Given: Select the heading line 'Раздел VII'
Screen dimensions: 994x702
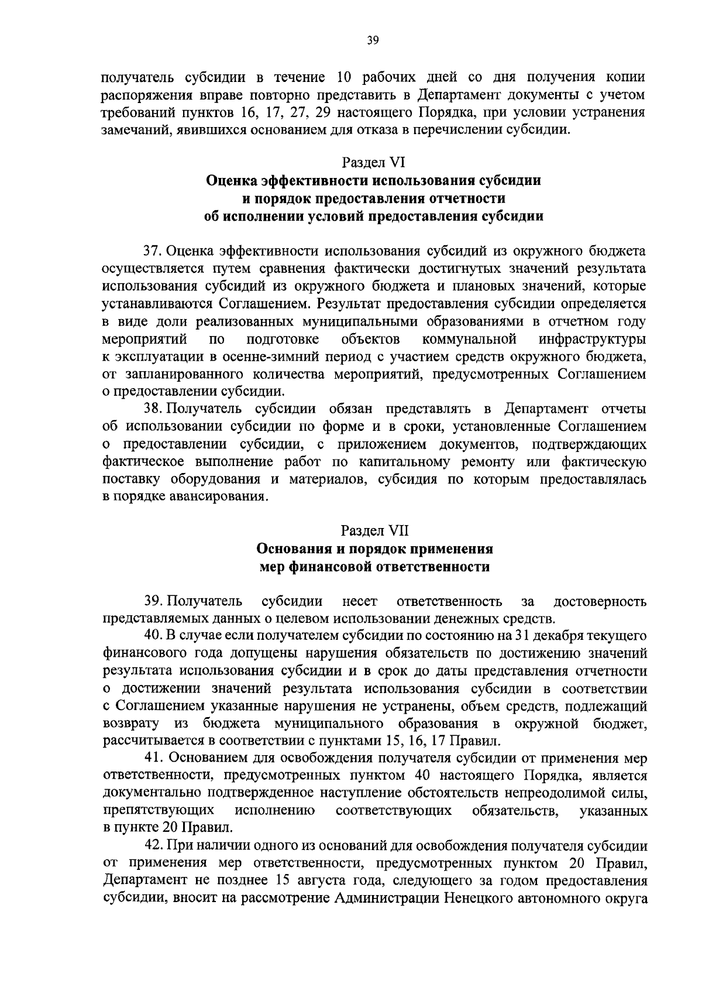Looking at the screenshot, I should click(373, 531).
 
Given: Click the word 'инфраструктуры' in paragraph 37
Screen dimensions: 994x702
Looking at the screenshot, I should click(593, 340).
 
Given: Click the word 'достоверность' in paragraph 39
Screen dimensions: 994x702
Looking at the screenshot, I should click(600, 601).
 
